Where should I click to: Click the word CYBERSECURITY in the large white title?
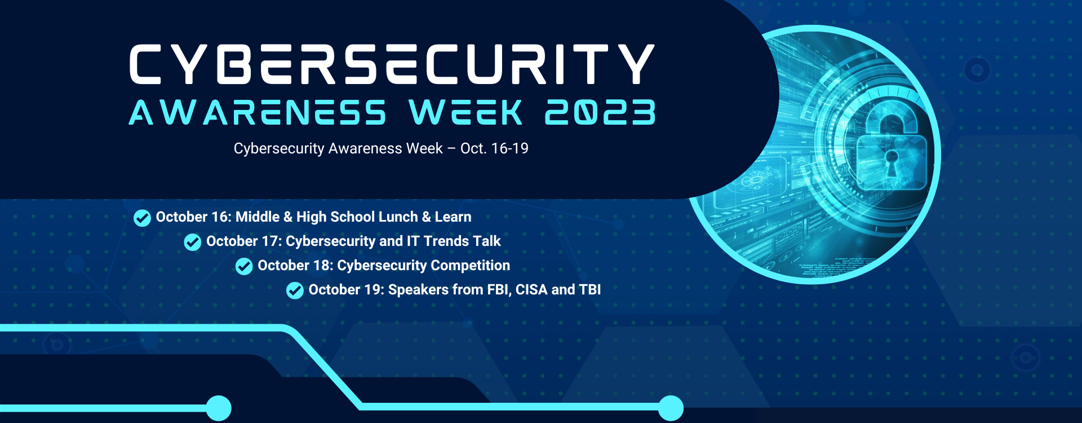click(392, 64)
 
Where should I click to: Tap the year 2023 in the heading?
click(600, 112)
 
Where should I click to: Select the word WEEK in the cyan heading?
click(465, 112)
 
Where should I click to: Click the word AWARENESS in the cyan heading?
click(257, 112)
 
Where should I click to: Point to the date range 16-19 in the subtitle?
click(509, 148)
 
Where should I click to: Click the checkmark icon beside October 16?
click(142, 218)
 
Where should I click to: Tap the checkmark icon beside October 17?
click(193, 242)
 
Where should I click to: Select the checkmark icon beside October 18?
click(244, 266)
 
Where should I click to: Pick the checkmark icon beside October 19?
click(295, 290)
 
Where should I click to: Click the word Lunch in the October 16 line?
click(397, 217)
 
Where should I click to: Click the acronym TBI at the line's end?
click(589, 290)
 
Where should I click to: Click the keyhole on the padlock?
click(891, 161)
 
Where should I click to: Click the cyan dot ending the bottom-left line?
click(219, 408)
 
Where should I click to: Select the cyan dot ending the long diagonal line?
click(671, 408)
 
